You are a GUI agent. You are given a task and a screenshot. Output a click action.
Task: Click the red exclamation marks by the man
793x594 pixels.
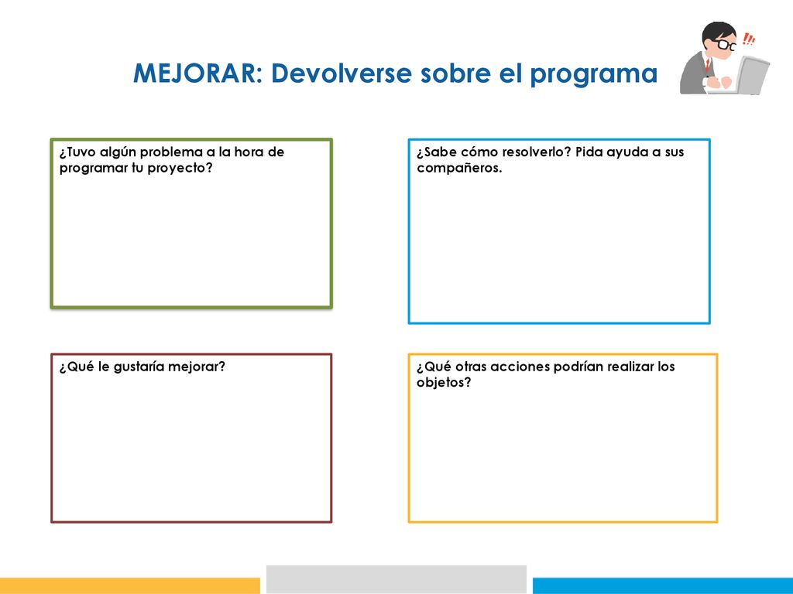click(x=749, y=39)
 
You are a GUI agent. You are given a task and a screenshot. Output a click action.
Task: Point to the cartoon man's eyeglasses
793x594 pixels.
click(x=724, y=44)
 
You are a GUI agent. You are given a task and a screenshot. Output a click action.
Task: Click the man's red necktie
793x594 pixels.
click(x=708, y=65)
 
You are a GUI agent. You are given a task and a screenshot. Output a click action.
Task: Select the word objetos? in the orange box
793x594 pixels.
click(x=444, y=383)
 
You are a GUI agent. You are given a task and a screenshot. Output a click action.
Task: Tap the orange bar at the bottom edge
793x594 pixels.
click(x=130, y=586)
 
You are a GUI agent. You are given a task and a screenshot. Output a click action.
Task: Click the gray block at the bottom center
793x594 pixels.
click(x=396, y=579)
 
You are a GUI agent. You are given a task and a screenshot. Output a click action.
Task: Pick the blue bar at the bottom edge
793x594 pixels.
click(x=663, y=586)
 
